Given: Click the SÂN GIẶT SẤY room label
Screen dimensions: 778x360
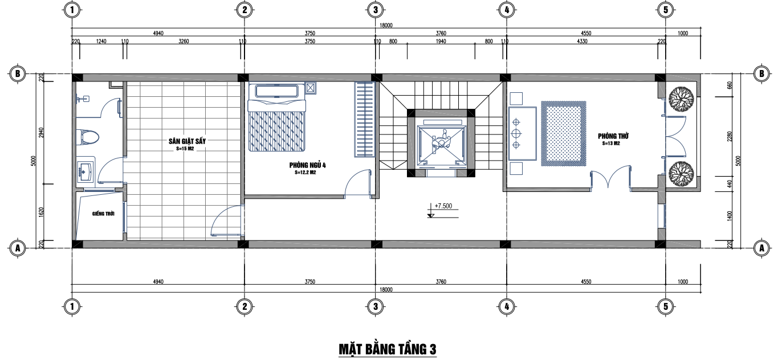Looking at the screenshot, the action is [x=187, y=141].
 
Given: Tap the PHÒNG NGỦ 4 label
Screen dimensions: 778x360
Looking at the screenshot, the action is [x=307, y=165].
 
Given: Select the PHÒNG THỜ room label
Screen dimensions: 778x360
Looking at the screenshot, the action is [x=613, y=136].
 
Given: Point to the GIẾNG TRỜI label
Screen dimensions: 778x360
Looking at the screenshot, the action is [x=103, y=214].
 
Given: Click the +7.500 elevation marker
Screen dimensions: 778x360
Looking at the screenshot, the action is [x=443, y=206].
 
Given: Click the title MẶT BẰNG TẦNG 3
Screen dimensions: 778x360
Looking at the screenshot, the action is [x=388, y=349].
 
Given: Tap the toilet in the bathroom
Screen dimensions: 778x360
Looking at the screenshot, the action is [x=88, y=137].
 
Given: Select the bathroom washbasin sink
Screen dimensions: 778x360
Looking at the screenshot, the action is [x=85, y=171].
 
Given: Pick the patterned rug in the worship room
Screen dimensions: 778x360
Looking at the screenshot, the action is [x=563, y=134].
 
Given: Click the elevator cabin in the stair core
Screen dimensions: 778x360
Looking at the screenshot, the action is [x=441, y=144].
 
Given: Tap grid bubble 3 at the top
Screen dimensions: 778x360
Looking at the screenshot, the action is [x=375, y=10].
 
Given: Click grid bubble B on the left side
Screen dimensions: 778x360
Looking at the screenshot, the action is [x=17, y=73].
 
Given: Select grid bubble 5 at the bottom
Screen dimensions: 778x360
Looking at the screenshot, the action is [x=666, y=306].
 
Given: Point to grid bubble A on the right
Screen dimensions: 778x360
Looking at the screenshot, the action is [x=761, y=248].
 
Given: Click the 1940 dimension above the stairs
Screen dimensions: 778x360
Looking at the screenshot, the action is [x=441, y=42].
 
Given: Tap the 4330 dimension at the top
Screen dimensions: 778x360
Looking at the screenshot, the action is [x=582, y=42].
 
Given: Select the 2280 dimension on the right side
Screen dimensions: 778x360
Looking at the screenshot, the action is [x=729, y=136].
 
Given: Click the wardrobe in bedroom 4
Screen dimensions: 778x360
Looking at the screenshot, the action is [x=364, y=120].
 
